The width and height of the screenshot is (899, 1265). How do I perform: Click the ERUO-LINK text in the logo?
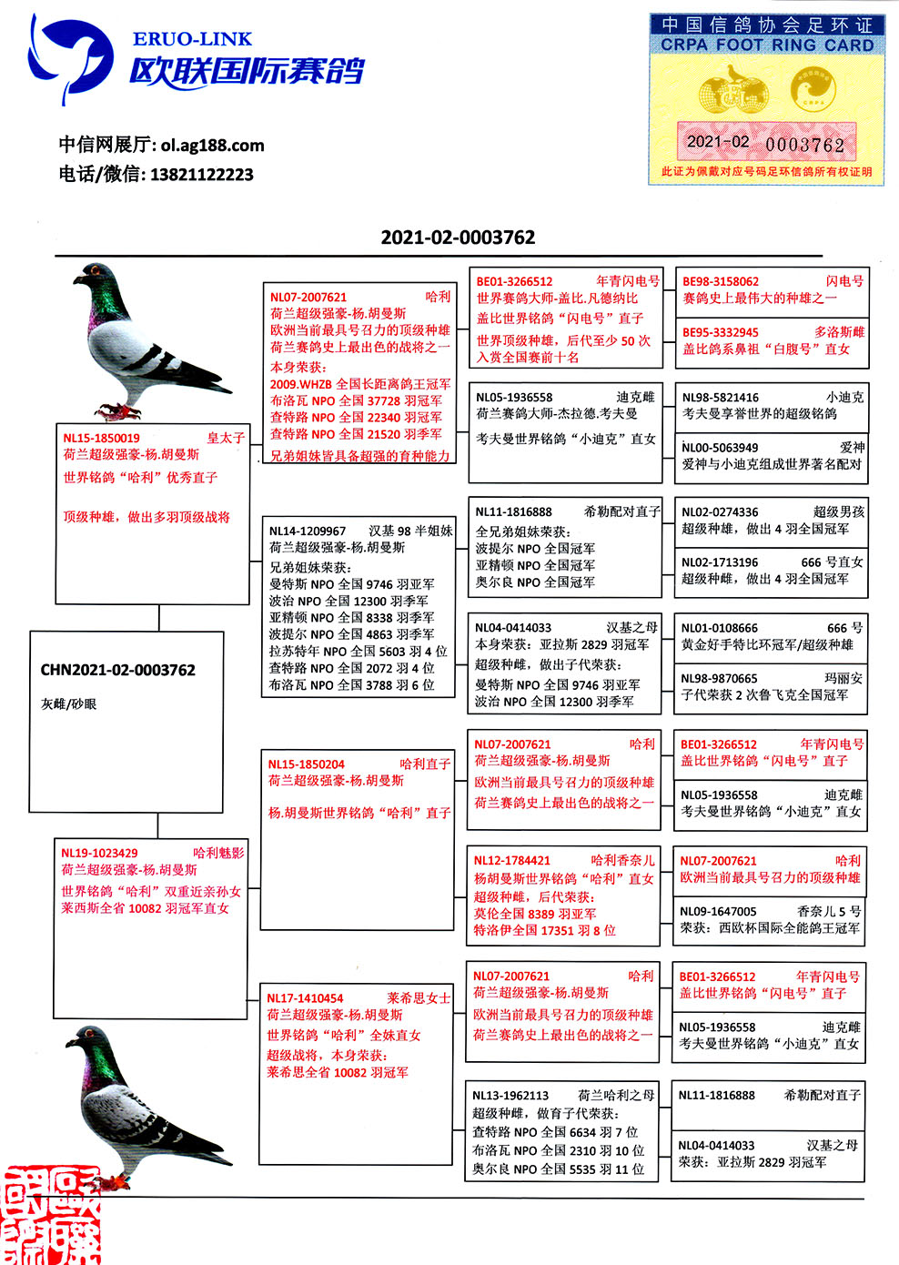(192, 39)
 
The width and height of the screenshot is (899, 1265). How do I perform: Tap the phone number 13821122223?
(201, 174)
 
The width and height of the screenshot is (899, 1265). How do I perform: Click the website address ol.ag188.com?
(212, 145)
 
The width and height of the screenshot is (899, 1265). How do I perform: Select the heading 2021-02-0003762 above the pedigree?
(458, 238)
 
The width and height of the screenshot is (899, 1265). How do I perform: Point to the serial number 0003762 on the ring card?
(804, 145)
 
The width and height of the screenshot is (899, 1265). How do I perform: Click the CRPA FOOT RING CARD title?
(766, 45)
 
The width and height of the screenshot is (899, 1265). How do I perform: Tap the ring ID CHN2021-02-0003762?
(117, 670)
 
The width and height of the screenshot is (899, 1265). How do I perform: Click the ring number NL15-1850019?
(101, 438)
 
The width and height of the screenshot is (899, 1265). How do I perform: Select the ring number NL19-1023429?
(99, 853)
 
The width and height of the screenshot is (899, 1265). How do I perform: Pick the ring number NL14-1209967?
(308, 531)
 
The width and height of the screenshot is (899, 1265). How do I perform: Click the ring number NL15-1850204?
(306, 764)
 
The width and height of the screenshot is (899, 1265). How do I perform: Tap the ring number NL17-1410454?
(305, 998)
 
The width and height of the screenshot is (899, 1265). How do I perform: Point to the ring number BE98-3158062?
(721, 282)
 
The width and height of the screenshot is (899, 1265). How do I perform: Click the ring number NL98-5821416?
(720, 398)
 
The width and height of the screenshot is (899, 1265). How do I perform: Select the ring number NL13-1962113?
(510, 1096)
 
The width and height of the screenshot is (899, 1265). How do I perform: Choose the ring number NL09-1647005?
(718, 911)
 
